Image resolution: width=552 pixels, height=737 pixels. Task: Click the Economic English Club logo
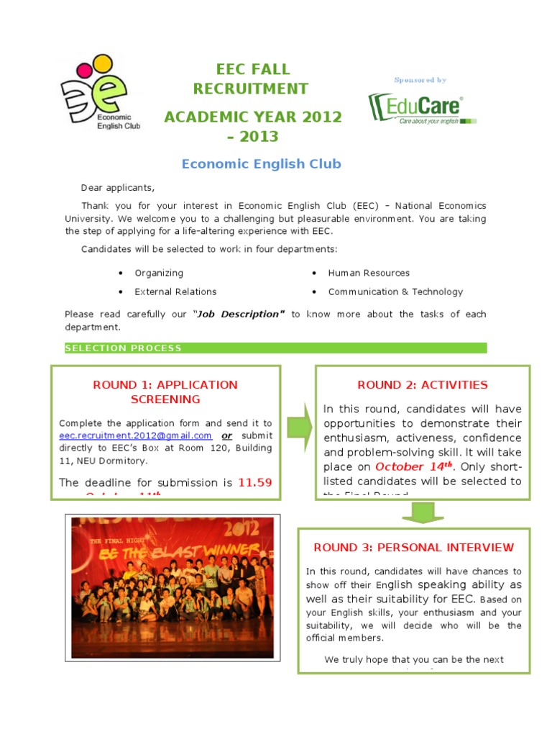(x=100, y=94)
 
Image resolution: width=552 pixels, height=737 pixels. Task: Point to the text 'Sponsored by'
(x=420, y=80)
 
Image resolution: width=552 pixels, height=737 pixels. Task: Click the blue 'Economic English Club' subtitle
(x=261, y=164)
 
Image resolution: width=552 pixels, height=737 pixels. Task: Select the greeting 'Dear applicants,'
(x=117, y=188)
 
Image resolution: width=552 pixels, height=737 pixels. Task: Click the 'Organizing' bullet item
(x=159, y=273)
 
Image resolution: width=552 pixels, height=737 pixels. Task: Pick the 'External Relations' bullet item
(x=175, y=292)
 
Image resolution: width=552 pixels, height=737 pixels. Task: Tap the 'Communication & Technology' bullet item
(x=395, y=292)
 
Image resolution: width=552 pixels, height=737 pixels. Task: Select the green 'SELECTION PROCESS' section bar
(x=275, y=348)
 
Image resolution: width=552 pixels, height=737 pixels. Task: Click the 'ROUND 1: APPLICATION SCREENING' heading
(x=165, y=392)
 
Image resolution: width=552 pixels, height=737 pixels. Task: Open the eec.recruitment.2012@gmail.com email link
(x=135, y=436)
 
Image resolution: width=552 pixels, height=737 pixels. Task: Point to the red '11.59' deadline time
(x=254, y=483)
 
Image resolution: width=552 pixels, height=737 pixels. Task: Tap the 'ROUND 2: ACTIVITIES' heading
(x=423, y=385)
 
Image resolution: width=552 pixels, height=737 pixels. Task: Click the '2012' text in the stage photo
(x=243, y=531)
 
